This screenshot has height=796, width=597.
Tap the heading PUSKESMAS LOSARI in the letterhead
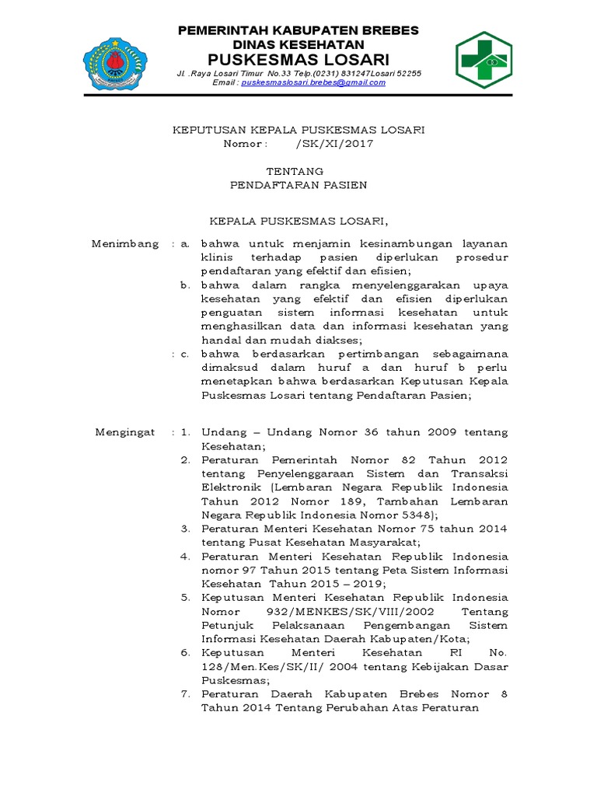coord(298,59)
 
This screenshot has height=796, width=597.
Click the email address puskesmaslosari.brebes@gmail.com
coord(313,82)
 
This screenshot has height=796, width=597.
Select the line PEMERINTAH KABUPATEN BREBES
coord(298,30)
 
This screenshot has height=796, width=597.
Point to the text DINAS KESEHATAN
coord(298,44)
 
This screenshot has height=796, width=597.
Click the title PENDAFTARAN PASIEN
coord(298,185)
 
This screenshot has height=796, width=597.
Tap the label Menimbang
coord(125,243)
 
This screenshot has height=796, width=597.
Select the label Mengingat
coord(125,431)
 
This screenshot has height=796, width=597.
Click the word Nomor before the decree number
coord(245,145)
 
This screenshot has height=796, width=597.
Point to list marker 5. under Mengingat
coord(186,597)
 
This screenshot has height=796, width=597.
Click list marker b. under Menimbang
coord(186,285)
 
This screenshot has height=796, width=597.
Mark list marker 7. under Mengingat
coord(186,693)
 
